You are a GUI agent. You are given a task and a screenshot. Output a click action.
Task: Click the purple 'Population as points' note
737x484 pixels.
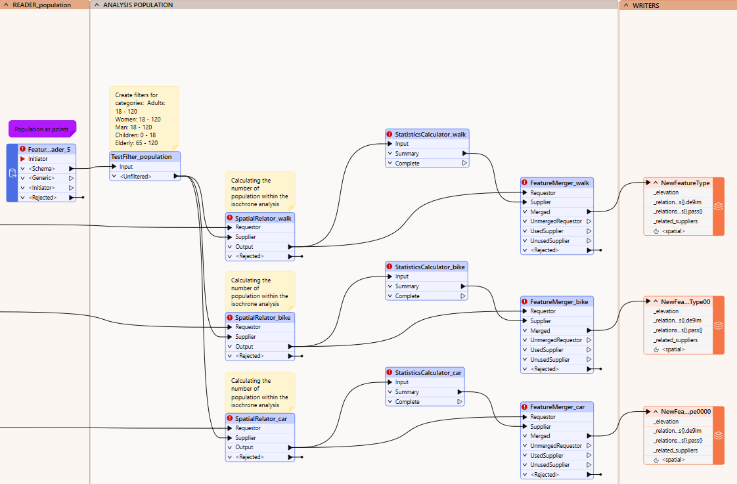coord(42,129)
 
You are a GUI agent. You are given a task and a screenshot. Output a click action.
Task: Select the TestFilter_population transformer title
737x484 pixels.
coord(141,157)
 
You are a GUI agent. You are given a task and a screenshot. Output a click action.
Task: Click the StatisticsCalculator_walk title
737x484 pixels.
coord(430,135)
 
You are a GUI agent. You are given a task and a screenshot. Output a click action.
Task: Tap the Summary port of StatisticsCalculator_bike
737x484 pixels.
coord(407,286)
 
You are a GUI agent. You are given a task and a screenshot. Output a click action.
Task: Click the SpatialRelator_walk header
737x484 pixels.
coord(263,218)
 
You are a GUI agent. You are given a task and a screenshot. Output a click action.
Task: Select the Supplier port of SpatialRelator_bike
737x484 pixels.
coord(246,337)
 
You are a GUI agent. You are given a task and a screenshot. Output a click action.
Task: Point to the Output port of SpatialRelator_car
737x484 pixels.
coord(244,447)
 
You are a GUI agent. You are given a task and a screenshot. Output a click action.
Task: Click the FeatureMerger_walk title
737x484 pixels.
coord(560,183)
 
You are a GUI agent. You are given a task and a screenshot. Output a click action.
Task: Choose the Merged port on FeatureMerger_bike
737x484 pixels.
coord(540,331)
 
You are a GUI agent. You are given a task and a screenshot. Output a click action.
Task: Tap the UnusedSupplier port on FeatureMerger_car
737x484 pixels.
coord(550,465)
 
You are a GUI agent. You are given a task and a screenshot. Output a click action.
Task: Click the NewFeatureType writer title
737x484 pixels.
coord(685,183)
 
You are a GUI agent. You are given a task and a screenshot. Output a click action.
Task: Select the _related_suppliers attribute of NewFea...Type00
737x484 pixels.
coord(675,340)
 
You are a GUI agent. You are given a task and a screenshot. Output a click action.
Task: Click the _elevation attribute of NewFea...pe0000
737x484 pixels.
coord(666,422)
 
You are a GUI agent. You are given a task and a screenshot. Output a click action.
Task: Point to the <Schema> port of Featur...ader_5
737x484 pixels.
coord(41,169)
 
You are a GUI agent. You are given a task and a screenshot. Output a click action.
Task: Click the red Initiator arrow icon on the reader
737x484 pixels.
coord(22,159)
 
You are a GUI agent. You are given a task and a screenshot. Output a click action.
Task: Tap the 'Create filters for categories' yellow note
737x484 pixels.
coord(144,118)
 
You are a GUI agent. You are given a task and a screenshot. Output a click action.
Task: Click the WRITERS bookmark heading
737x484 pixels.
coord(646,5)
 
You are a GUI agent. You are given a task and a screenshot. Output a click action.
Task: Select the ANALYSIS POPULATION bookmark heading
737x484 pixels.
coord(138,5)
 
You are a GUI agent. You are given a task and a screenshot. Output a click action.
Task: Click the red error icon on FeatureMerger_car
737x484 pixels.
coord(525,407)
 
